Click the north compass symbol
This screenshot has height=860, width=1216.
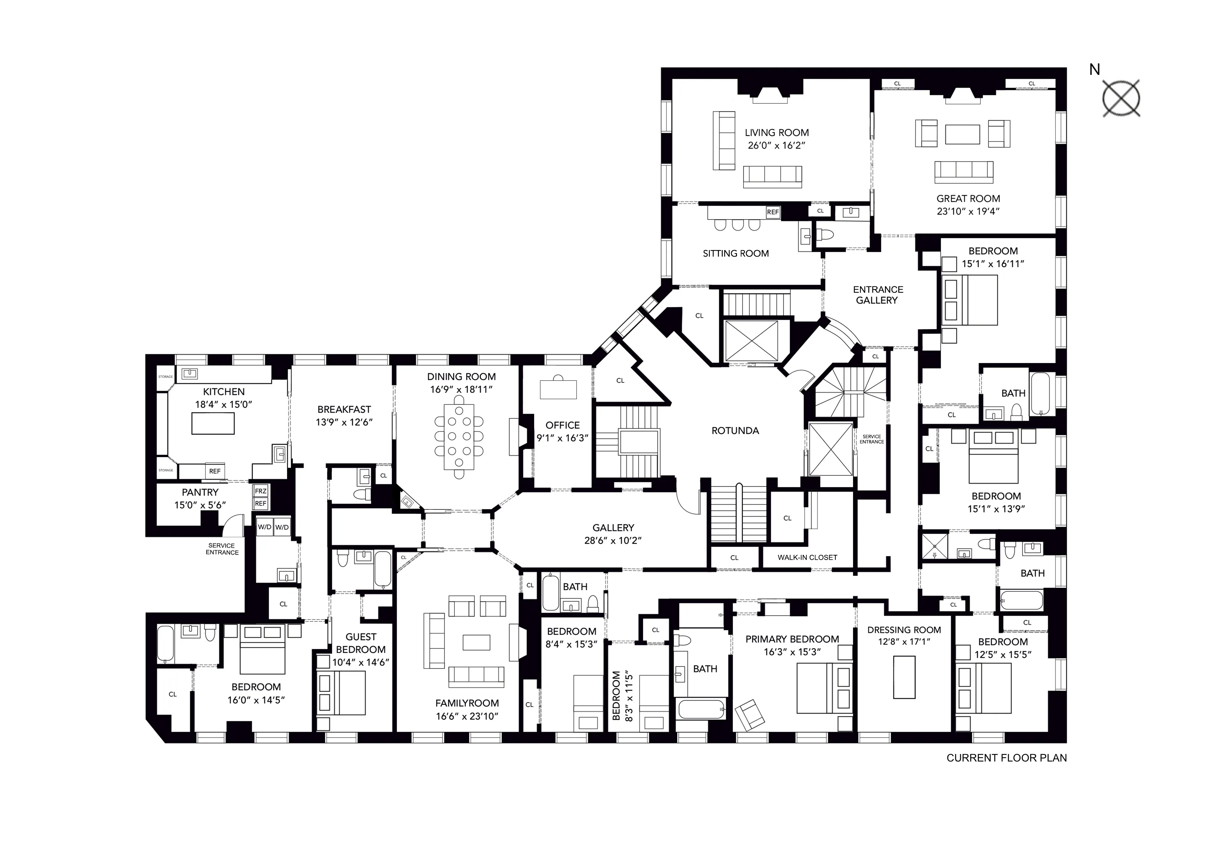(1121, 98)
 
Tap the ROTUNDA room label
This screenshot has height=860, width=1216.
(735, 431)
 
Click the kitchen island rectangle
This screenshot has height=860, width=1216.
(213, 423)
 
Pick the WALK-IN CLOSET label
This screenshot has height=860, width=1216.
(807, 557)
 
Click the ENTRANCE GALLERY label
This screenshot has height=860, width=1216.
(878, 295)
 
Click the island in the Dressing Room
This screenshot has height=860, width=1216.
(904, 677)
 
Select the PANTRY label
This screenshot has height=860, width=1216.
(200, 492)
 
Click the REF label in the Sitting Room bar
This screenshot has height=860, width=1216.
(773, 212)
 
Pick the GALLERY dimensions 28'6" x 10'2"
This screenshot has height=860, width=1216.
(613, 541)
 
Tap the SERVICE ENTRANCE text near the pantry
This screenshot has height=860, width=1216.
(222, 549)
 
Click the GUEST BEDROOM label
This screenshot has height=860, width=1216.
(361, 643)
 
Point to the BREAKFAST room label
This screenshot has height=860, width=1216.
(344, 409)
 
